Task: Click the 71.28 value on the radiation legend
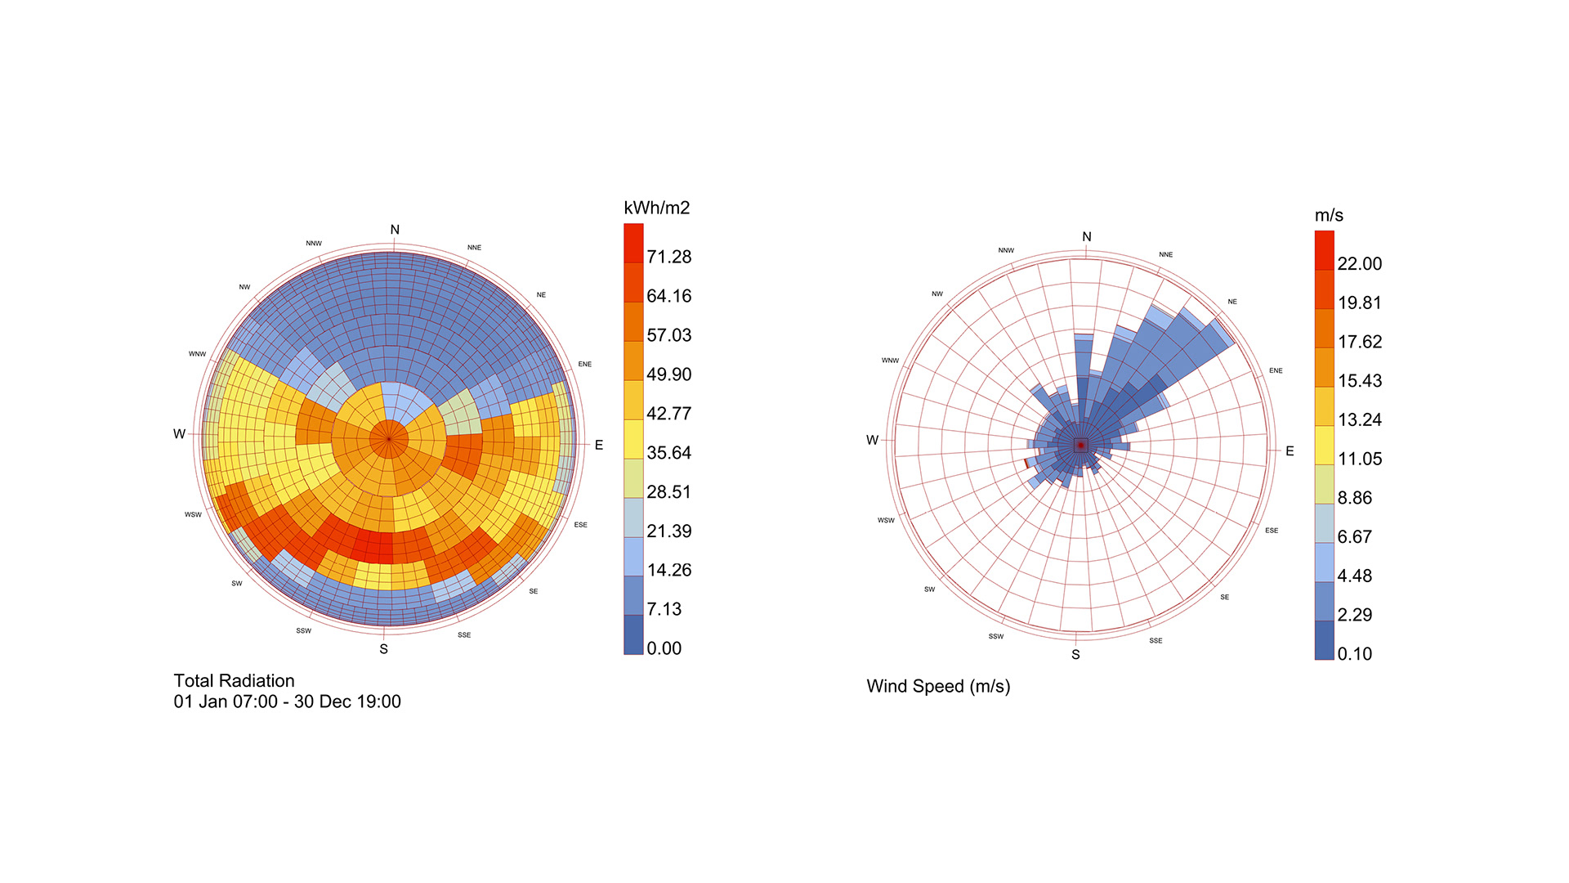coord(668,257)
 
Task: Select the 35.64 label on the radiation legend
coord(668,452)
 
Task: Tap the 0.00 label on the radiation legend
coord(664,648)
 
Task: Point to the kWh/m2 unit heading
coord(656,208)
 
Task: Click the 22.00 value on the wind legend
coord(1359,263)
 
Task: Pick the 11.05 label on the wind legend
coord(1359,459)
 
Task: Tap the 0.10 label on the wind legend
coord(1354,654)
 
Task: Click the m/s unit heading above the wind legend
coord(1329,215)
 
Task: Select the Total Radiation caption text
coord(234,681)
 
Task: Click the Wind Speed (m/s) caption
coord(938,686)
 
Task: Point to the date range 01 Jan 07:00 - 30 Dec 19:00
coord(287,701)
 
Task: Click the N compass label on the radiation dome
coord(395,230)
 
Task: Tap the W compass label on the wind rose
coord(872,440)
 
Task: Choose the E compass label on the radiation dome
coord(599,445)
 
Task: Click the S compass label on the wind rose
coord(1075,655)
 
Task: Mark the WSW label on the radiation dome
coord(193,514)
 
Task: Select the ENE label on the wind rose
coord(1276,370)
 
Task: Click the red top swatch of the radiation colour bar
coord(633,243)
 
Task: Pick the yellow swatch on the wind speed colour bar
coord(1324,446)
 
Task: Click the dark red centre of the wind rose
coord(1080,445)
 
